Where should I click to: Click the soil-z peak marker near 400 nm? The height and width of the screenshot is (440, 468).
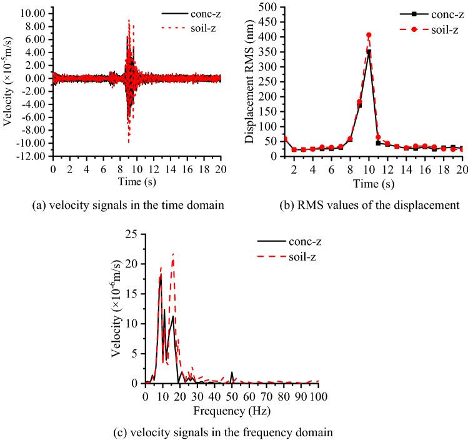(x=369, y=35)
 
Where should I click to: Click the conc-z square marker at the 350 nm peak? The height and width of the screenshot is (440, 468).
(x=369, y=52)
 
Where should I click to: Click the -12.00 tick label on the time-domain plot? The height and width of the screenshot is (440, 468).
(x=31, y=156)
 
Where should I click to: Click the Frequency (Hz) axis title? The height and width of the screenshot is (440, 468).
(x=232, y=411)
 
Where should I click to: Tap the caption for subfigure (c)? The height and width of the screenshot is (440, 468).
(x=233, y=432)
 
